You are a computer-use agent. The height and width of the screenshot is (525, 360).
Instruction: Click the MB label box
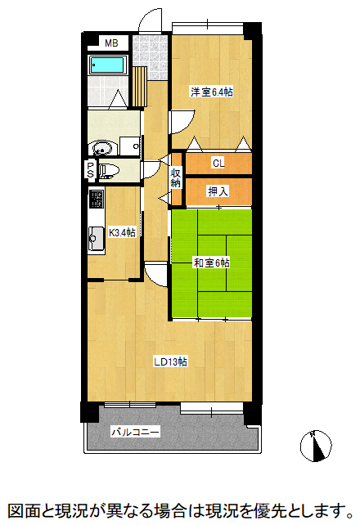(110, 43)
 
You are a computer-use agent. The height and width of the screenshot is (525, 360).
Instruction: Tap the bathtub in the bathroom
(106, 65)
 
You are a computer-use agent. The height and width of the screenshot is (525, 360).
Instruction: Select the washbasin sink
(102, 149)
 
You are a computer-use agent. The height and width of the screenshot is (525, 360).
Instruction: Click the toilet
(108, 171)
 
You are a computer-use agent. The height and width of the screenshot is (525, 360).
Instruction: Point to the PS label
(90, 170)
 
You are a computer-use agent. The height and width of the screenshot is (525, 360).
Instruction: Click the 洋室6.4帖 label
(212, 92)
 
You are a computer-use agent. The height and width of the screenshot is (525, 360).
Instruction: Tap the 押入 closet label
(218, 191)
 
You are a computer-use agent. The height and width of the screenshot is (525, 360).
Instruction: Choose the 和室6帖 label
(211, 262)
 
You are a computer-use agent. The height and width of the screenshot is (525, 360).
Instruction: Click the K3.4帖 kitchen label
(123, 232)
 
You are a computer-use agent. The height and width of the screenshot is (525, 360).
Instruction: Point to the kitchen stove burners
(96, 200)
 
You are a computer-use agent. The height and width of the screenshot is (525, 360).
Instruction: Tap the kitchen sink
(95, 236)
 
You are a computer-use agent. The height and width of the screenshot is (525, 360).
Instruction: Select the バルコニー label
(135, 431)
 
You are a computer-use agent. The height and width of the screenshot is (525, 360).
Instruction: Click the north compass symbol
(316, 446)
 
